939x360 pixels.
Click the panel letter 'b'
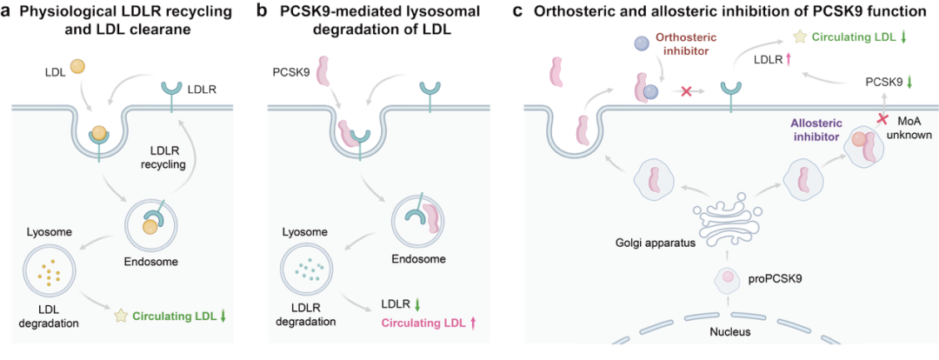(261, 10)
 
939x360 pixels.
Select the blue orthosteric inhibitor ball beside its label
(643, 43)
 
